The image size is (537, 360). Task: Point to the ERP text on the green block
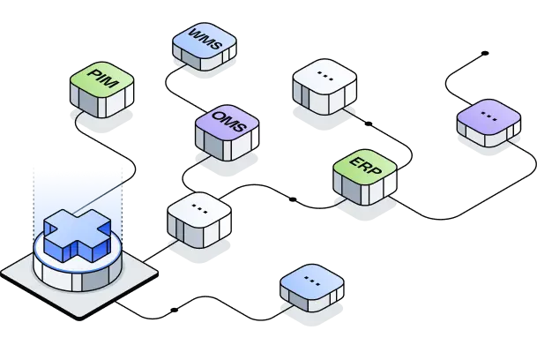365,165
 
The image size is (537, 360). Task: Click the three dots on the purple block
489,115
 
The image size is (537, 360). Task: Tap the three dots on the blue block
312,279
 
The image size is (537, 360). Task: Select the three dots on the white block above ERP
324,78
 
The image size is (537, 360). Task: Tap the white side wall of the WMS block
212,61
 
